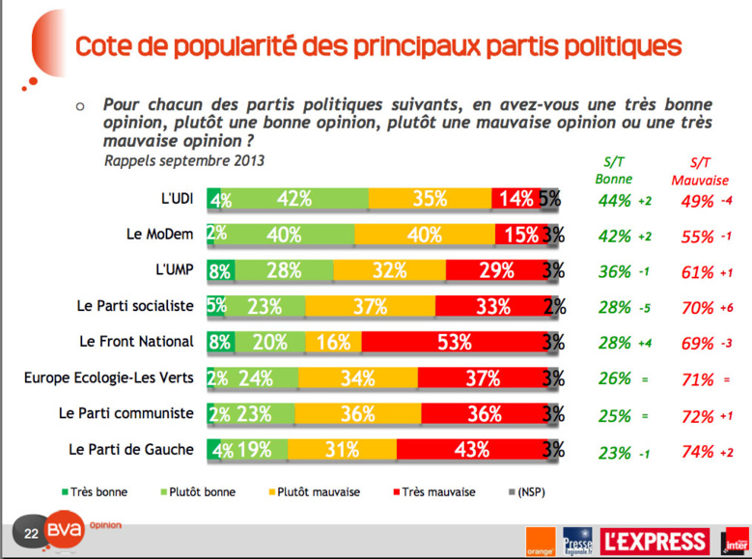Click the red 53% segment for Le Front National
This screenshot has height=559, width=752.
coord(452,342)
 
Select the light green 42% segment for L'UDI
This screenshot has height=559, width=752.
coord(294,199)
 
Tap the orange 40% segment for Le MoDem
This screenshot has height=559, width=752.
coord(425,235)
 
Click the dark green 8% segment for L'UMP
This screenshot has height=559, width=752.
coord(220,270)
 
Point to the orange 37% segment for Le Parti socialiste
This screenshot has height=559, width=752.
coord(370,306)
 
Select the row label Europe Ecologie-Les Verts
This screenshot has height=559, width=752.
coord(109,377)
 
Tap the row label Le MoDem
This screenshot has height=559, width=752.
coord(161,235)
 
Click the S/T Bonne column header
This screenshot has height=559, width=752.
coord(614,171)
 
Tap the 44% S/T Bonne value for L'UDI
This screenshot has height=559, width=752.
coord(614,200)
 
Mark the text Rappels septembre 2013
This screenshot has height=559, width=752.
coord(183,160)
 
